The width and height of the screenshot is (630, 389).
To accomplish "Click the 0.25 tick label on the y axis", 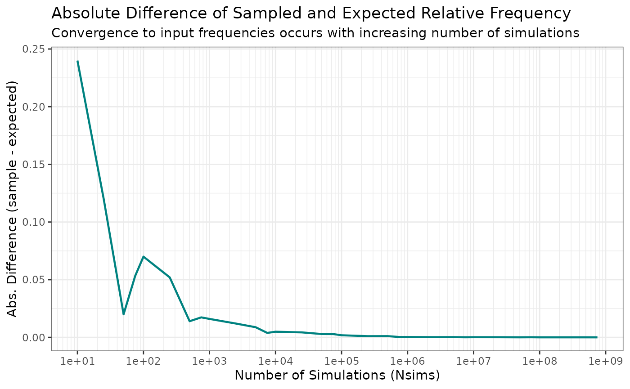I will coord(36,49).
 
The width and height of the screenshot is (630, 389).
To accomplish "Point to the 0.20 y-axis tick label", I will coord(36,107).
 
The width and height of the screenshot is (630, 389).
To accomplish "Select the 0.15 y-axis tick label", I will coord(36,164).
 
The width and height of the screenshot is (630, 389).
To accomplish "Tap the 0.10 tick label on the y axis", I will coord(36,222).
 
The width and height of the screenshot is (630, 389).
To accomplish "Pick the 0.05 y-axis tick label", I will coord(36,280).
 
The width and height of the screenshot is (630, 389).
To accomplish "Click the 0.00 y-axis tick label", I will coord(36,337).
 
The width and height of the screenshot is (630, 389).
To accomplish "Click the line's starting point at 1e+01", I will coord(77,61).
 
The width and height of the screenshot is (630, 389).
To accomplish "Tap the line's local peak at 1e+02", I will coord(143,256).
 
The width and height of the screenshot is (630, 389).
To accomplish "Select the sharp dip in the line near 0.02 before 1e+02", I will coord(123,314).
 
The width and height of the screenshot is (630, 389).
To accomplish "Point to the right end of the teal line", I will coord(597,337).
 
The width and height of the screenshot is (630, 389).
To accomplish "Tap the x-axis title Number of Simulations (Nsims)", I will coord(337,375).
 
